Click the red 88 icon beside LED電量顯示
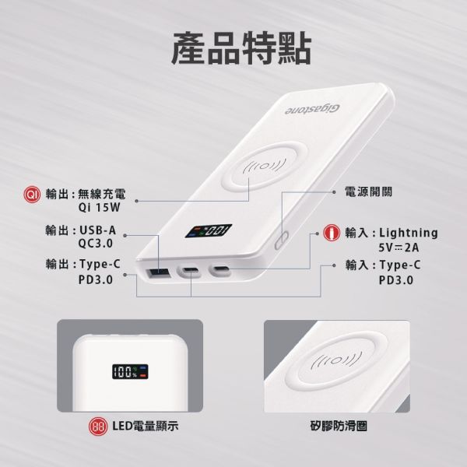(99, 427)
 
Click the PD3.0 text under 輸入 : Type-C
(396, 279)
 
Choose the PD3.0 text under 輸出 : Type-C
(95, 279)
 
